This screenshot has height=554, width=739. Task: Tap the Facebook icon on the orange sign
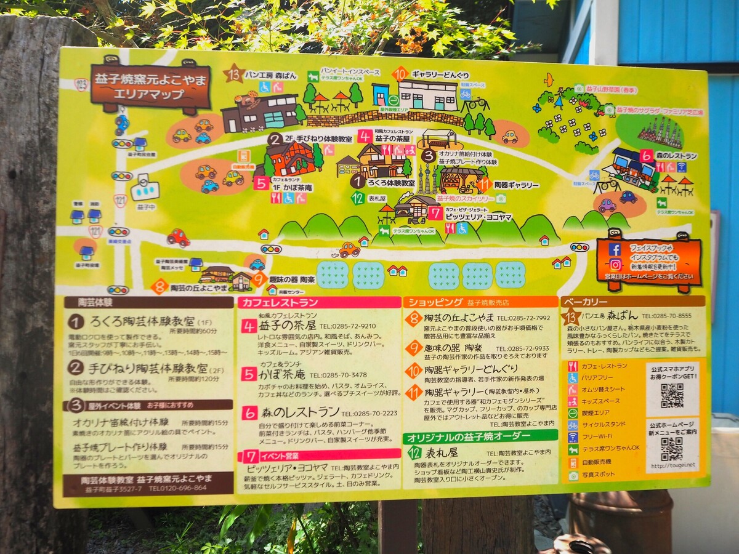(614, 249)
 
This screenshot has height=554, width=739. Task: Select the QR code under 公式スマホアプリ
(672, 395)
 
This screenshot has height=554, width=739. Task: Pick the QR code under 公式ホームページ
(671, 449)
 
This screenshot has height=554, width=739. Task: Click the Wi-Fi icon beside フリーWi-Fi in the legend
(573, 436)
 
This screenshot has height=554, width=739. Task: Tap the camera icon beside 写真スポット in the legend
(573, 475)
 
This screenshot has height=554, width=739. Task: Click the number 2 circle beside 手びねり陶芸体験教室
(76, 368)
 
